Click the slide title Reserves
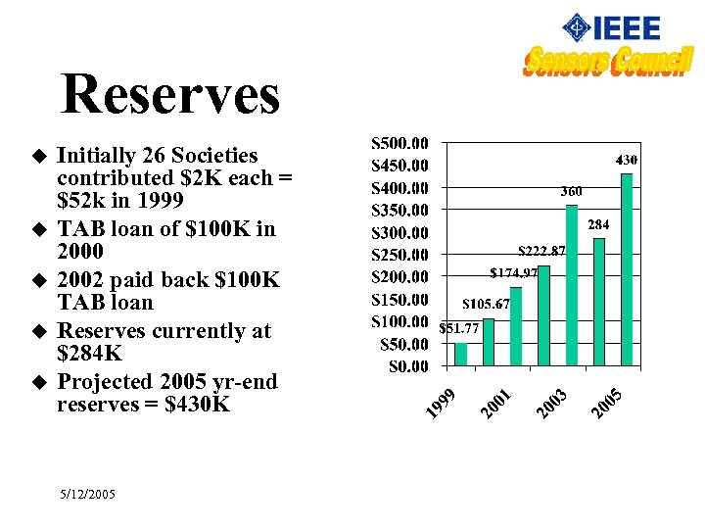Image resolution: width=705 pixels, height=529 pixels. pyautogui.click(x=170, y=95)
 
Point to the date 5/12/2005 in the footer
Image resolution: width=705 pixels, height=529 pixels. pyautogui.click(x=86, y=495)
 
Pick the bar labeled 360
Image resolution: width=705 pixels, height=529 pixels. pyautogui.click(x=572, y=286)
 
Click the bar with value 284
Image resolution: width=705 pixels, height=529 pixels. pyautogui.click(x=599, y=303)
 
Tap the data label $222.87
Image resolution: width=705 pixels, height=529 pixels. pyautogui.click(x=541, y=251)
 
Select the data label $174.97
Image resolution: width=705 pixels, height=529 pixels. pyautogui.click(x=514, y=271)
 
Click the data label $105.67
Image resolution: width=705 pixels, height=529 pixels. pyautogui.click(x=487, y=304)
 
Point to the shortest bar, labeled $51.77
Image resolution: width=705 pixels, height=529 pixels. pyautogui.click(x=461, y=356)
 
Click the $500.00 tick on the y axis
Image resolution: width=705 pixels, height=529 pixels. pyautogui.click(x=399, y=143)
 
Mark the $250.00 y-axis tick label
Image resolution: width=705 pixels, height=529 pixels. pyautogui.click(x=399, y=255)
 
